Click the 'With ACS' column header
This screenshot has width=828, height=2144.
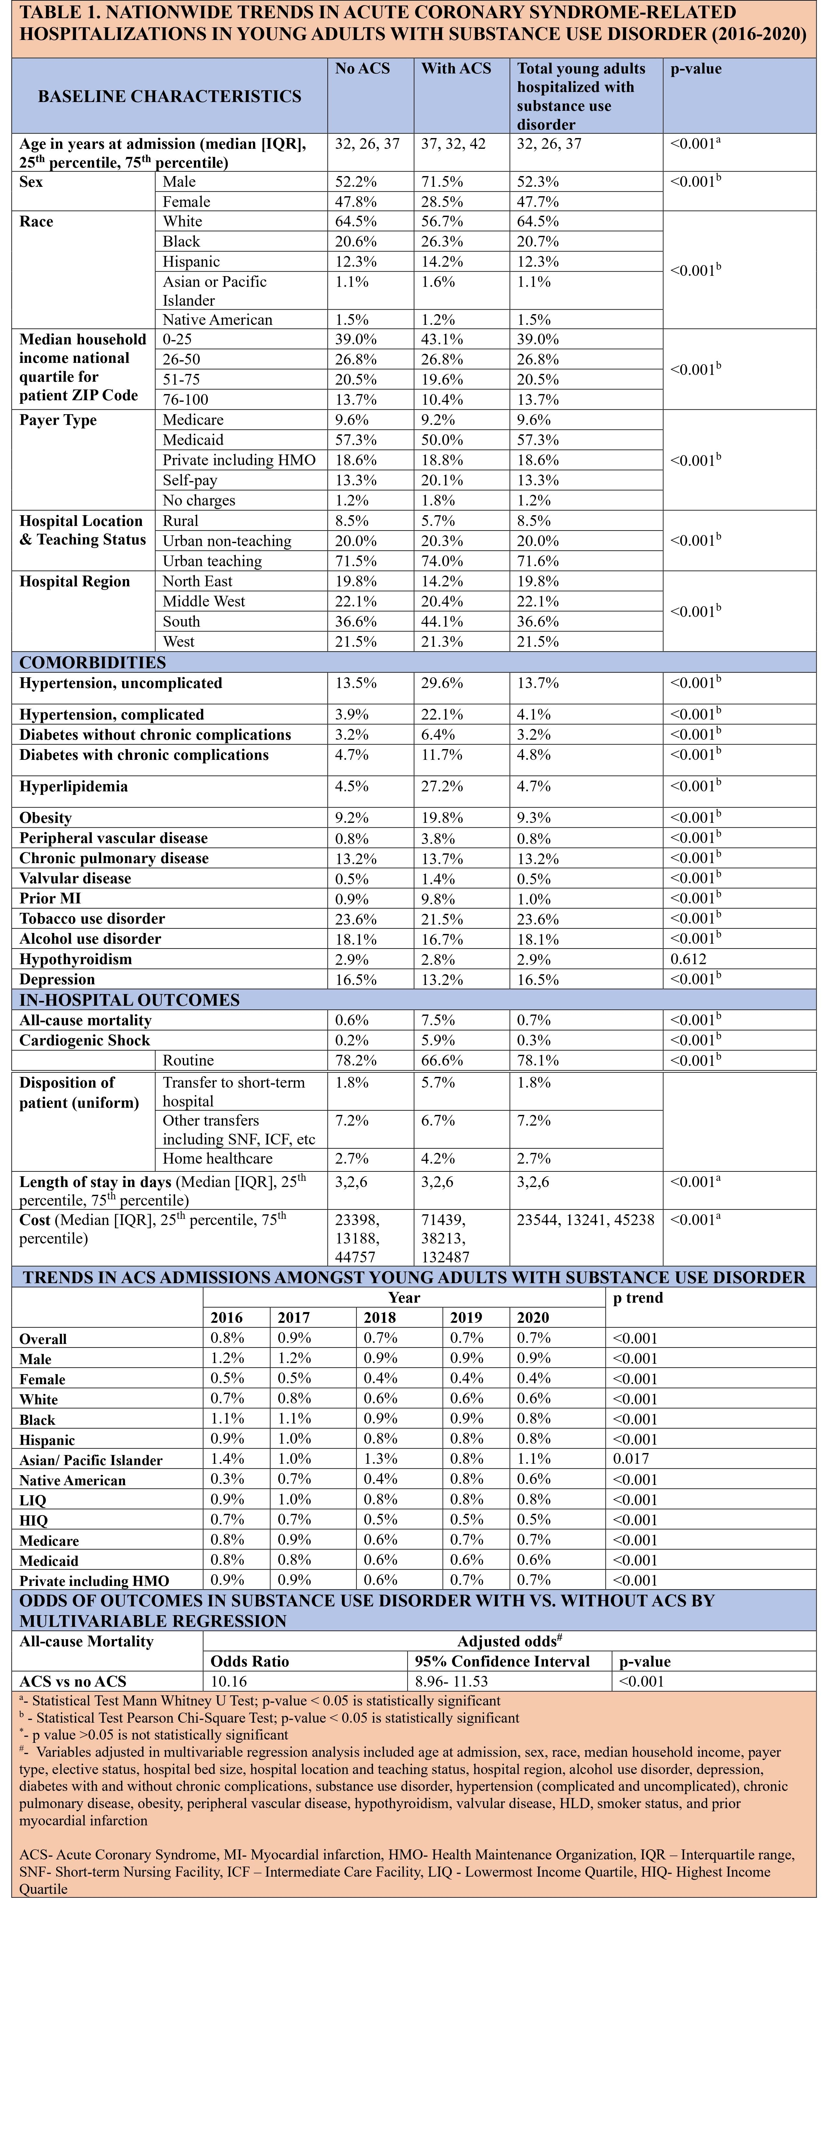456,69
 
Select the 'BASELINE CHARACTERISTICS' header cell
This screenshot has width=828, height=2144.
170,96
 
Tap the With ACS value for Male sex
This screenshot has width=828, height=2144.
442,182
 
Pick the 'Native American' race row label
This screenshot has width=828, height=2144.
217,320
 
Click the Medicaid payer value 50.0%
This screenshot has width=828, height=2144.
442,440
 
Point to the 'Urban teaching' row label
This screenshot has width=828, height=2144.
212,561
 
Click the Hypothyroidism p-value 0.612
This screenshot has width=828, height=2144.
688,959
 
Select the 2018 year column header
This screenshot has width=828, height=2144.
380,1318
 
